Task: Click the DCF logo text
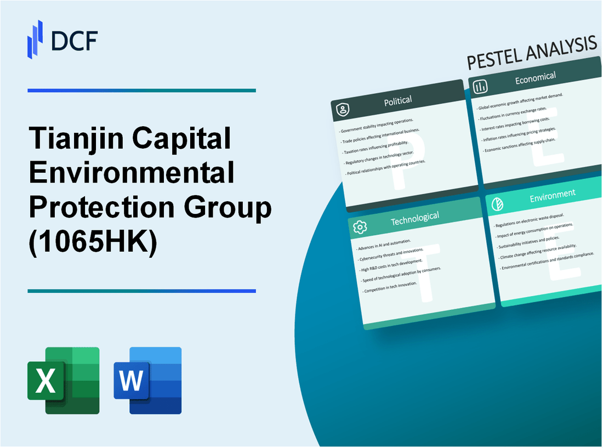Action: click(74, 39)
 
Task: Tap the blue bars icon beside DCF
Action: click(35, 39)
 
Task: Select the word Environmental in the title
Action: click(132, 173)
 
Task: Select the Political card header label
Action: click(399, 100)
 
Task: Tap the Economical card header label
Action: click(535, 78)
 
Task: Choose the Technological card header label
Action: click(414, 218)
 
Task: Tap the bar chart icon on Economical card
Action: click(480, 87)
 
